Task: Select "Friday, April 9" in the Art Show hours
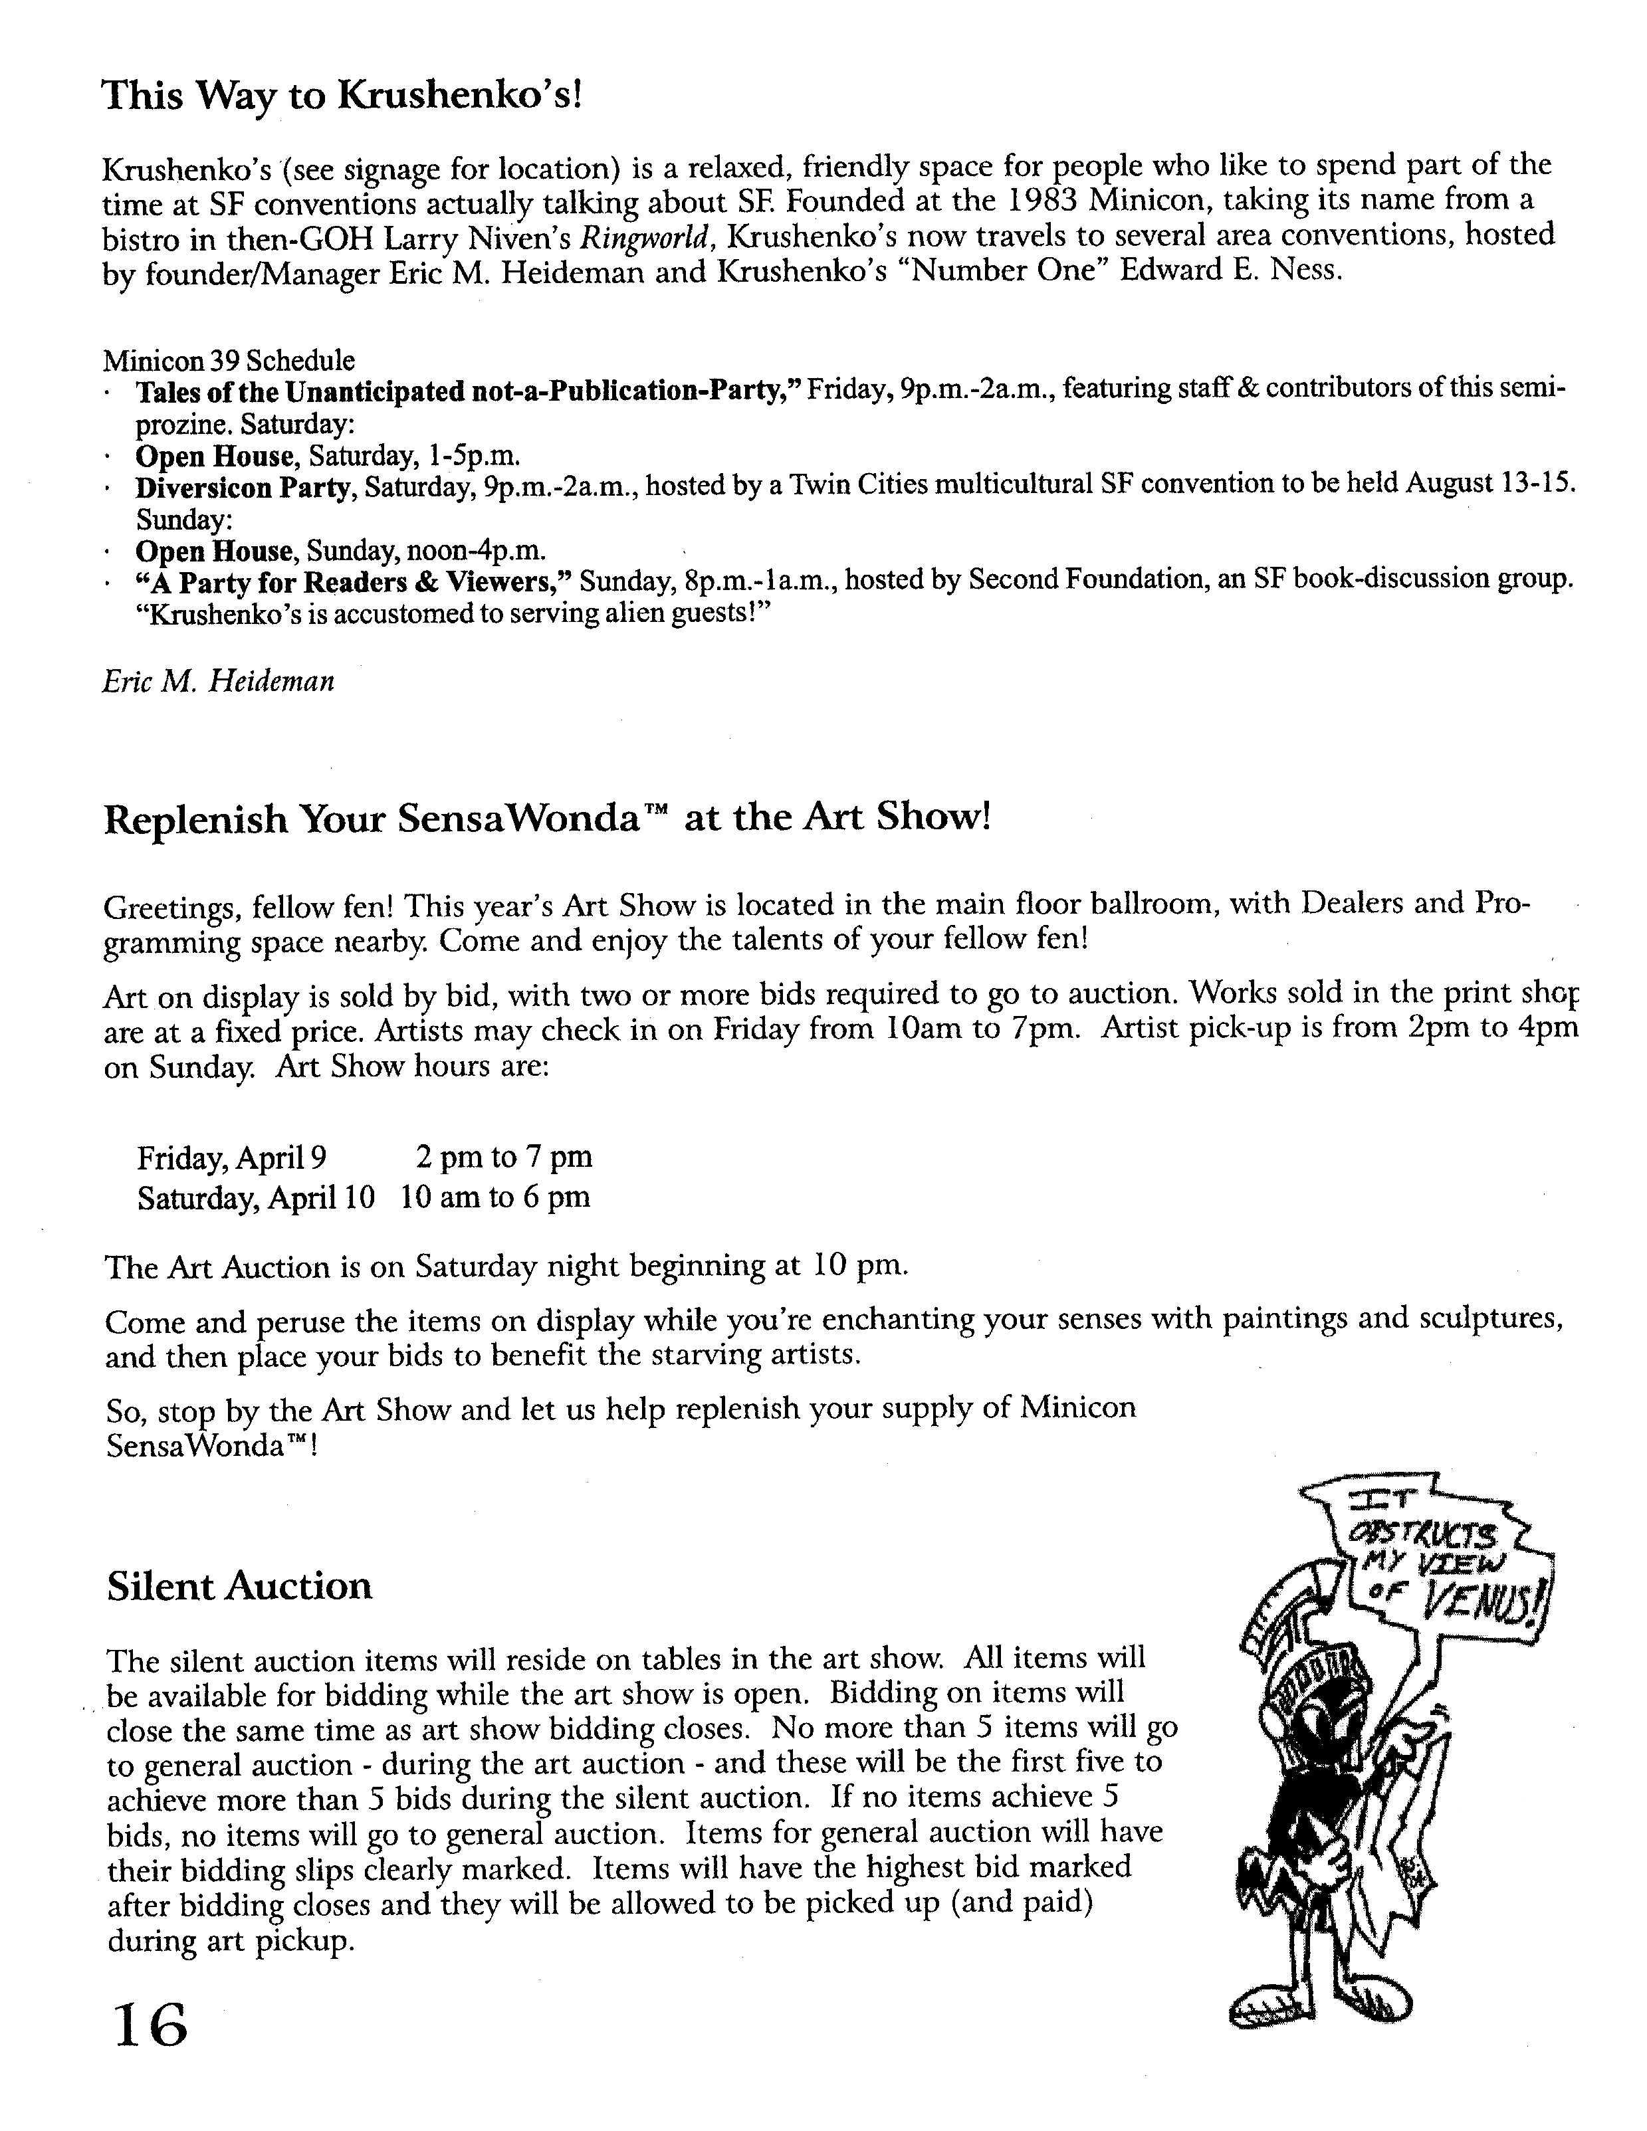(x=231, y=1158)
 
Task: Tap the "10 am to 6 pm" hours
(x=494, y=1197)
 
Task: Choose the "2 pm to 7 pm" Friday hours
(x=503, y=1158)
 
